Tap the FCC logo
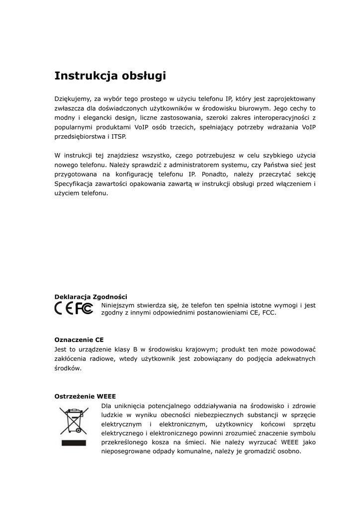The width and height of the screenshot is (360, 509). pos(84,309)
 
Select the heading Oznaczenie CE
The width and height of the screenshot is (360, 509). pos(79,340)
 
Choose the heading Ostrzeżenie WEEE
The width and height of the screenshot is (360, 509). pos(85,396)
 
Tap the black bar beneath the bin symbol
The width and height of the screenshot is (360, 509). pos(74,442)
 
